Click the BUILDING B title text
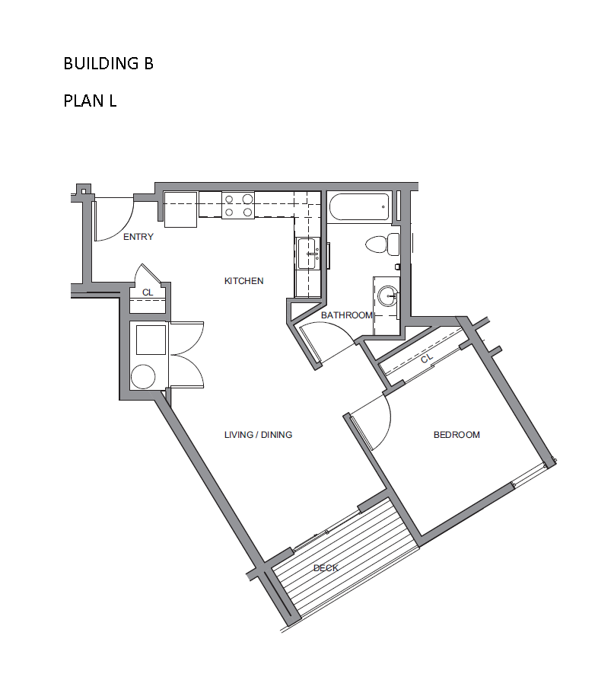108,63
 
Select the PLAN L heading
90,101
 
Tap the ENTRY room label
138,237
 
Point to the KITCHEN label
244,281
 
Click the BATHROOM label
346,315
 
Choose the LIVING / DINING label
258,435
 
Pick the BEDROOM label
457,435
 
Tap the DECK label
326,568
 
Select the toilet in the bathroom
383,244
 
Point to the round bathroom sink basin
389,296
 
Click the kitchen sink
308,254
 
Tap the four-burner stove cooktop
238,205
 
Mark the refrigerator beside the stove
180,209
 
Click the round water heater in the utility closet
143,376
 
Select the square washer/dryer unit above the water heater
151,340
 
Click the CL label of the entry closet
148,292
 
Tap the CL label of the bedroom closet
427,358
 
